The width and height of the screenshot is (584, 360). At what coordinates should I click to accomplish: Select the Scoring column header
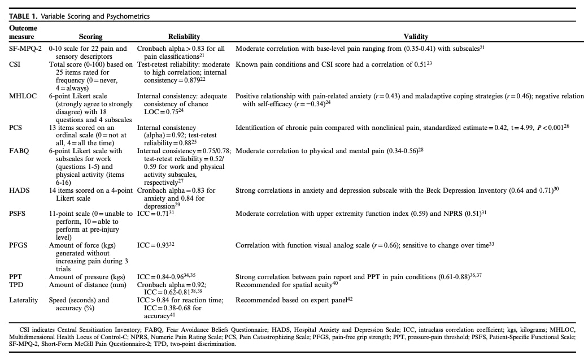[x=90, y=37]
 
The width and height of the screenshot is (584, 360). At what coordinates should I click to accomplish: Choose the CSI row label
[x=15, y=65]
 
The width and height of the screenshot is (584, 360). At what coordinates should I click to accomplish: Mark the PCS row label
[x=15, y=128]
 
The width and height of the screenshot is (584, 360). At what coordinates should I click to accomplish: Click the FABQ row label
[x=19, y=151]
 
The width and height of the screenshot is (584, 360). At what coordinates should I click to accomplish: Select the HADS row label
[x=19, y=190]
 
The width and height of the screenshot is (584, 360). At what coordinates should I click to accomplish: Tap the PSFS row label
[x=18, y=214]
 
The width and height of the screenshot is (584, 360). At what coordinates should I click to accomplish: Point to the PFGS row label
[x=19, y=245]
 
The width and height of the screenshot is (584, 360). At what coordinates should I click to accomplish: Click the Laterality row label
[x=23, y=300]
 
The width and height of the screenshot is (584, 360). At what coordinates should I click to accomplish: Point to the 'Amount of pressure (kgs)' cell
[x=86, y=276]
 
